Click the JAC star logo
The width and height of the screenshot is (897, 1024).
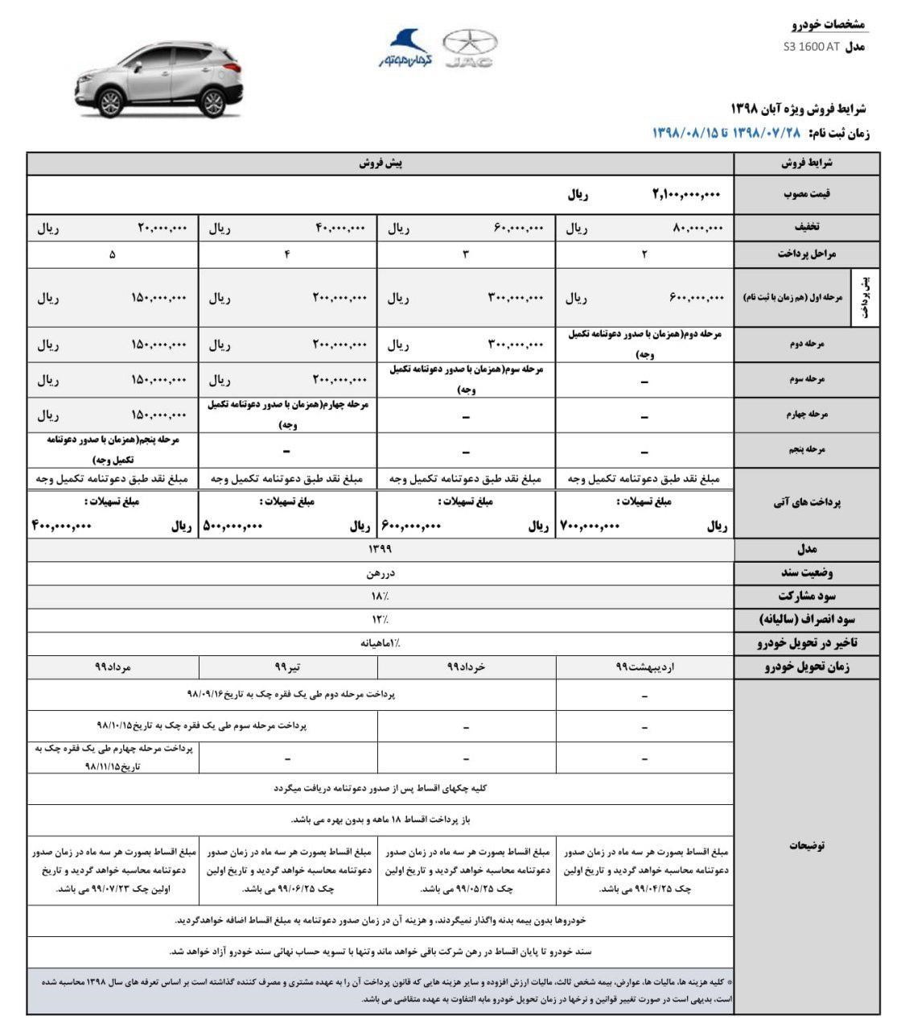click(470, 47)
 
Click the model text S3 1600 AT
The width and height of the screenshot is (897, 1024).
click(810, 47)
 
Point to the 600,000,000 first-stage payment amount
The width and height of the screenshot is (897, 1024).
click(696, 298)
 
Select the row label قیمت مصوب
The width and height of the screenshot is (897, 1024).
click(806, 194)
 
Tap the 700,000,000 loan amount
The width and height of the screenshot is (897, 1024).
click(590, 526)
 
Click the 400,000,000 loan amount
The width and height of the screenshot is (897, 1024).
click(61, 526)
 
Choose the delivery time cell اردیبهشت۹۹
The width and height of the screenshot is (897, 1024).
click(645, 667)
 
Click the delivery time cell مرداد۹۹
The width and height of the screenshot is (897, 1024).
click(113, 667)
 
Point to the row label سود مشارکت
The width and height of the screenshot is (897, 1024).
click(806, 597)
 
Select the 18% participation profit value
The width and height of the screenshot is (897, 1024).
click(380, 597)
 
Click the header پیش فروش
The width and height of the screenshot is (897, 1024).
click(381, 163)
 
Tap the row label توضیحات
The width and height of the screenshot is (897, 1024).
click(806, 845)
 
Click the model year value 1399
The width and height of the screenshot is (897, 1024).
click(380, 549)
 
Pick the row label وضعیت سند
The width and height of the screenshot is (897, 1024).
click(806, 573)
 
